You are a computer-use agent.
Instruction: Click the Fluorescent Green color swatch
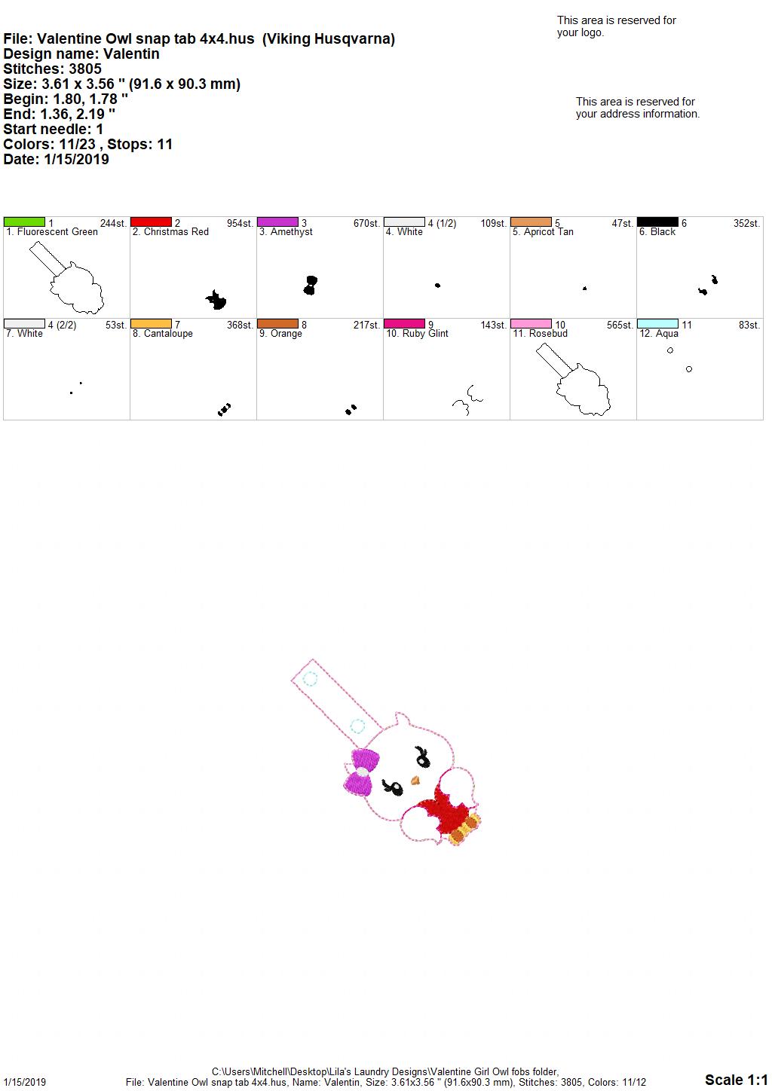coord(24,222)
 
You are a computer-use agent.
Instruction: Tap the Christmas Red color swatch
coord(151,222)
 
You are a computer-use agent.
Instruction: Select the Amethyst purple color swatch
coord(277,222)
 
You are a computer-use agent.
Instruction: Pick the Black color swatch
coord(657,222)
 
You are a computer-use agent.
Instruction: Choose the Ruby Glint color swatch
coord(405,324)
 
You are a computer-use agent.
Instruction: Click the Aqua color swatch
coord(657,324)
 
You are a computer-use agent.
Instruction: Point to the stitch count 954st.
coord(240,224)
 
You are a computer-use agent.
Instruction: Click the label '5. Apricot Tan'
coord(543,232)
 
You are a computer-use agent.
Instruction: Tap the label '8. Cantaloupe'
coord(163,334)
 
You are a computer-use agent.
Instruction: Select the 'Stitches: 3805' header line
coord(53,69)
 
